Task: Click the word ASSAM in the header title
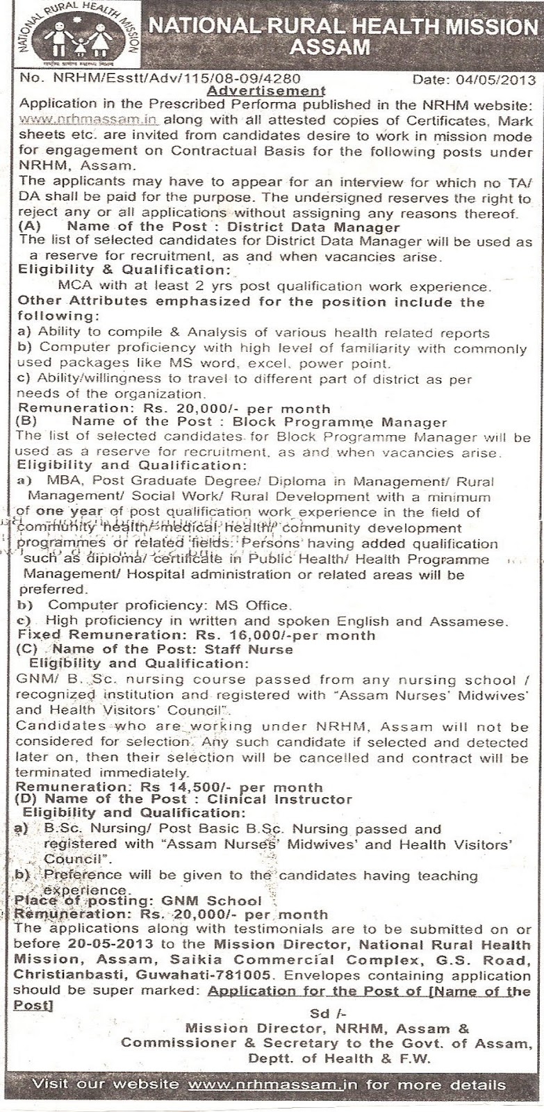pos(330,47)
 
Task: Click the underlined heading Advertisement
pos(267,90)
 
